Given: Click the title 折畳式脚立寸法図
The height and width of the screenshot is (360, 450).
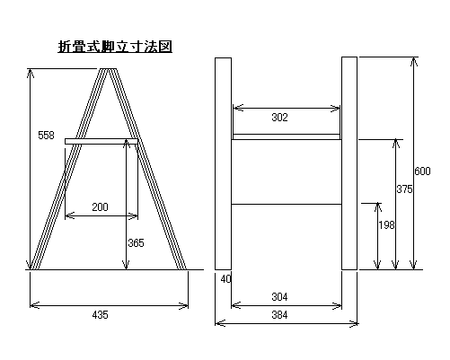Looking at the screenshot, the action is click(115, 47).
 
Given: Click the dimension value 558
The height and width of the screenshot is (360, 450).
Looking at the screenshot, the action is click(46, 136).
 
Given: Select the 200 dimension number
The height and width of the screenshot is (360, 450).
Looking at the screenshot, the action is click(100, 206).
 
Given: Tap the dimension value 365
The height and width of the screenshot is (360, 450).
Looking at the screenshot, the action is click(136, 242).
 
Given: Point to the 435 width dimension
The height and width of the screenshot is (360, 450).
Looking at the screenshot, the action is click(100, 314).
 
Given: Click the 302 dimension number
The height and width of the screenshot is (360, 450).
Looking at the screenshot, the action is click(279, 117).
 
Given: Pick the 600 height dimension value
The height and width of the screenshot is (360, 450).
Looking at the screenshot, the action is click(422, 171).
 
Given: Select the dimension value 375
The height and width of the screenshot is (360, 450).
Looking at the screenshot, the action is click(404, 189).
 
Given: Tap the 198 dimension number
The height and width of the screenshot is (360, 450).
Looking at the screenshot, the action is click(386, 224).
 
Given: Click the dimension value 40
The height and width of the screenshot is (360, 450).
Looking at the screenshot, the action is click(226, 279).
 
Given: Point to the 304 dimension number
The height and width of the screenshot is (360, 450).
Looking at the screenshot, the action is click(279, 296).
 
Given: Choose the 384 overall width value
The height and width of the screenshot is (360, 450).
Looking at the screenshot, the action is click(279, 314).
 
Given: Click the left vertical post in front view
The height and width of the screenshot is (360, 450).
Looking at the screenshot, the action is click(223, 163).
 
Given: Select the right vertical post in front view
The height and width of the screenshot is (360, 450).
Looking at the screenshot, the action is click(349, 163).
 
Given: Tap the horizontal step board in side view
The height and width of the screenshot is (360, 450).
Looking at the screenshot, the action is click(101, 141).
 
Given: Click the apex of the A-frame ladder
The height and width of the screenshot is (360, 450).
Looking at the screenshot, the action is click(108, 69).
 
